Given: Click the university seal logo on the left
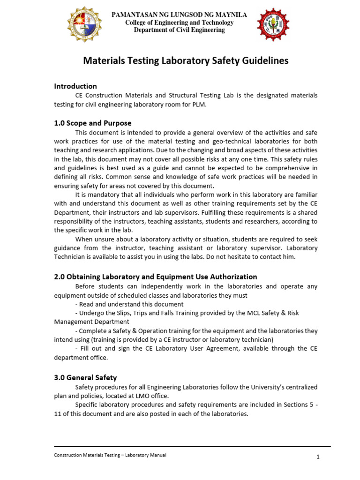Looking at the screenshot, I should pyautogui.click(x=85, y=24).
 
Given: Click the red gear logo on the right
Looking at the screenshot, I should pyautogui.click(x=274, y=24).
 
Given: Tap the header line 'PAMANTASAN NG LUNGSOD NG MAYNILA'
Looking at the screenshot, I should pyautogui.click(x=180, y=15).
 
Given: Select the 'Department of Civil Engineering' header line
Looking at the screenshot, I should pyautogui.click(x=180, y=30).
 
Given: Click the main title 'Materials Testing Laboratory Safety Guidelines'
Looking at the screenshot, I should pyautogui.click(x=186, y=61).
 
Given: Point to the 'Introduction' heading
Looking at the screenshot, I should pyautogui.click(x=75, y=86).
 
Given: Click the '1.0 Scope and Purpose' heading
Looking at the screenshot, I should pyautogui.click(x=93, y=123).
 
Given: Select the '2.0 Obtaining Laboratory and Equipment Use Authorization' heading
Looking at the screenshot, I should pyautogui.click(x=156, y=277).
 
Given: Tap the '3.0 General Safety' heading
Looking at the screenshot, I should pyautogui.click(x=85, y=377).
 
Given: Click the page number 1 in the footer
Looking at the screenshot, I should pyautogui.click(x=317, y=457).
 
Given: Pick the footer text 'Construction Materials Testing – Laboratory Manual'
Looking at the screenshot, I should pyautogui.click(x=110, y=455).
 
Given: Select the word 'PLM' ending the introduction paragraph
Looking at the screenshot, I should pyautogui.click(x=199, y=105).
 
